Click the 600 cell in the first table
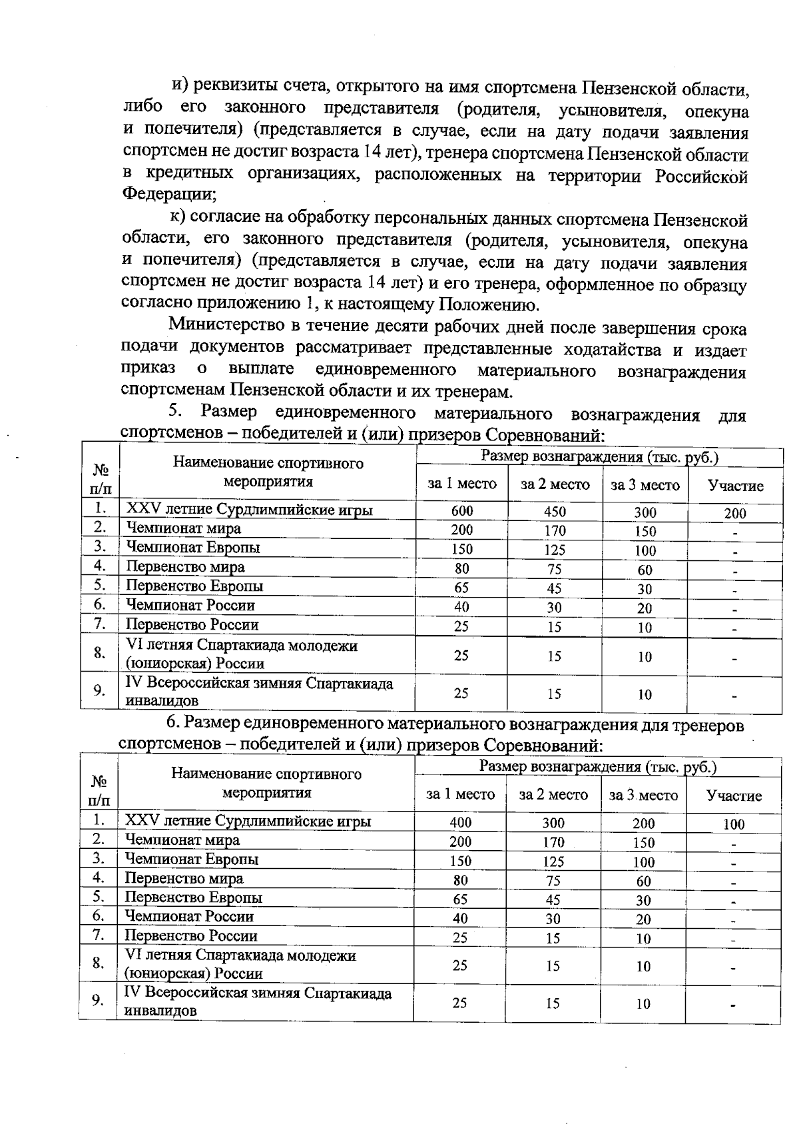coord(461,511)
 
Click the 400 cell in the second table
coord(460,822)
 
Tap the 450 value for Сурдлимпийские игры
coord(554,512)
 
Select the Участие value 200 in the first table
coord(735,513)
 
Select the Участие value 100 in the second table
coord(733,824)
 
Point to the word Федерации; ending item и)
coord(169,195)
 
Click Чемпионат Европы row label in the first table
coord(193,548)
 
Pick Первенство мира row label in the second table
coord(184,878)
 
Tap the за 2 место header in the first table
coord(555,484)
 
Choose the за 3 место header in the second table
coord(643,795)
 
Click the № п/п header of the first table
coord(100,478)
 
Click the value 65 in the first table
coord(461,588)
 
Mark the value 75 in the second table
coord(553,880)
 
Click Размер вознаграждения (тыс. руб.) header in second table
coord(597,767)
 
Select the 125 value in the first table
coord(554,550)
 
